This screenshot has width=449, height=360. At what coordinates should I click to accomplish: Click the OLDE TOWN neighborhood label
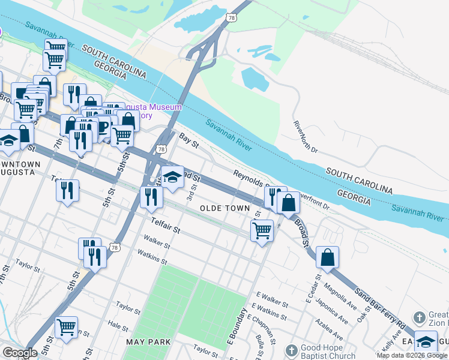point(224,208)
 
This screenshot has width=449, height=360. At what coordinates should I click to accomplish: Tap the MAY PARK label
point(148,342)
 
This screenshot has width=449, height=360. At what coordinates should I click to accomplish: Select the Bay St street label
point(188,138)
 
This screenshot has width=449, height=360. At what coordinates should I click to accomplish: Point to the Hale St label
point(118,326)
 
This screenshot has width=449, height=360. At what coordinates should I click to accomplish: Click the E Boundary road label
point(235,326)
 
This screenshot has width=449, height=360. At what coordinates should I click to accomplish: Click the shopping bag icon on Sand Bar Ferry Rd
point(327,257)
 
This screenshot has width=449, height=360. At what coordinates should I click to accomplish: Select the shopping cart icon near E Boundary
point(262,230)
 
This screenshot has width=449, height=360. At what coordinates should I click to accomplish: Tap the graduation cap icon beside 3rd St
point(172,177)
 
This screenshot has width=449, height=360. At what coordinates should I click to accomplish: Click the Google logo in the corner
point(20,352)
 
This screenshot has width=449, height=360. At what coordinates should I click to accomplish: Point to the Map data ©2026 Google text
point(412,355)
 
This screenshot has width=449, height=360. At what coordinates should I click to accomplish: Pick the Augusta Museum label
point(157,107)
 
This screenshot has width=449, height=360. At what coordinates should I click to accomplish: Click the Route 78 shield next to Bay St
point(160,149)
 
